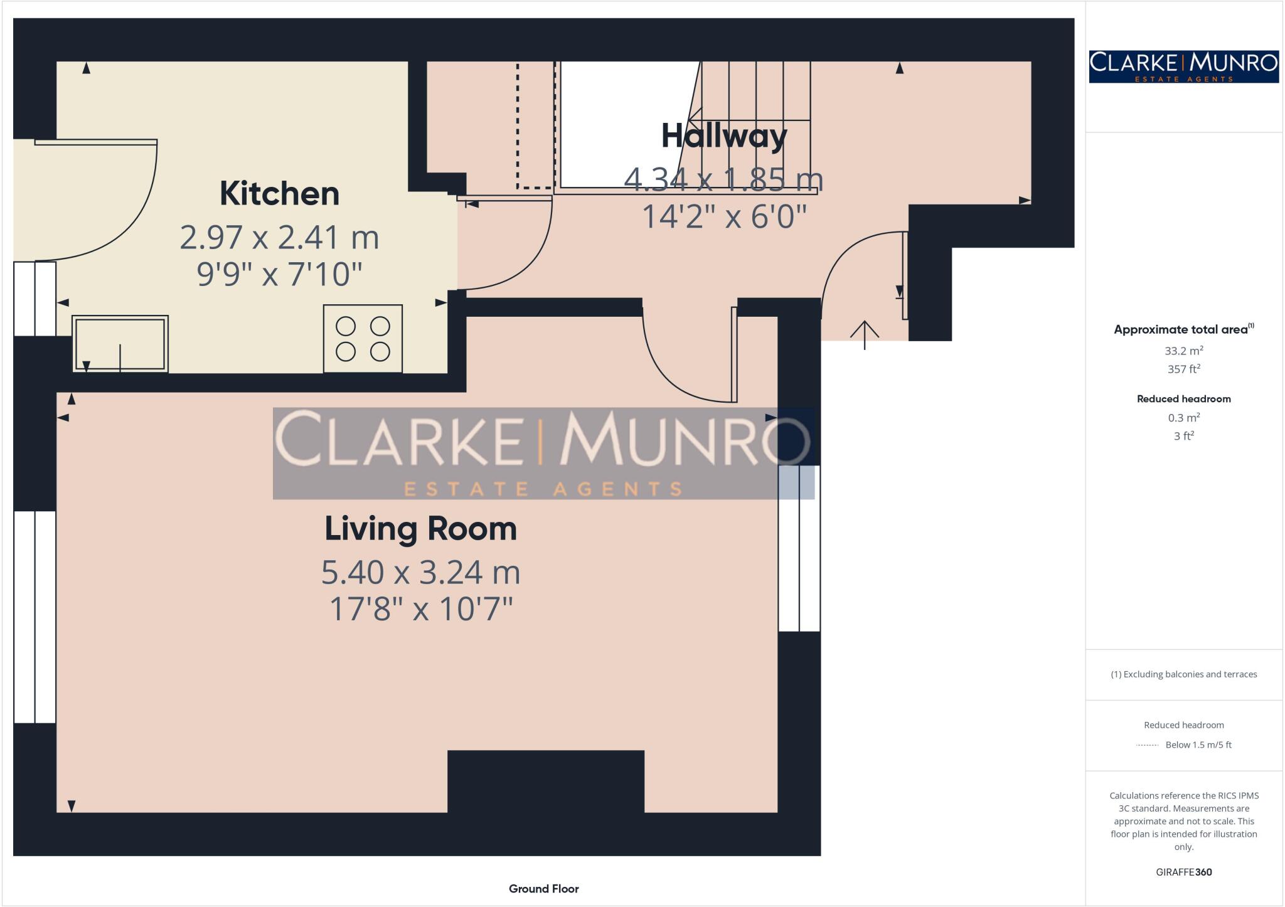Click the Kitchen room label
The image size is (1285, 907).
[x=279, y=193]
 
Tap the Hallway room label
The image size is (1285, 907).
[x=724, y=136]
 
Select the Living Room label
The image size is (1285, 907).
[x=420, y=528]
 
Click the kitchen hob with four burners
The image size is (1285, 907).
[x=363, y=339]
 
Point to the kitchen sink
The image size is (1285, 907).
[x=120, y=344]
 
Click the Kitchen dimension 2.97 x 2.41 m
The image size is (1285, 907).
[x=279, y=237]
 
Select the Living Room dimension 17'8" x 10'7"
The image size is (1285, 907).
[x=421, y=608]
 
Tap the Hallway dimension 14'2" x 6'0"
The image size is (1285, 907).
[x=724, y=216]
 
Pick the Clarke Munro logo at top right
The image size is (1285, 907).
[x=1183, y=66]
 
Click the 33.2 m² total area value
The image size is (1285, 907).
[x=1183, y=351]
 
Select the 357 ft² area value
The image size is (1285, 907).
[x=1183, y=369]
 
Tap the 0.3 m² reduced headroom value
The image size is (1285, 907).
[x=1183, y=418]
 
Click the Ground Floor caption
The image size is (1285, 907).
[x=543, y=888]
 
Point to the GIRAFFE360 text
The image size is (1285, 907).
[x=1183, y=872]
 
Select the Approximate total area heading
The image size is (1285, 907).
[x=1183, y=329]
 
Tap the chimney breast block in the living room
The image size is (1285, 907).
[x=545, y=782]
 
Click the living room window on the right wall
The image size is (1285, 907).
[x=799, y=548]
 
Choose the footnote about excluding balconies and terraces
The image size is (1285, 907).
[x=1183, y=674]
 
